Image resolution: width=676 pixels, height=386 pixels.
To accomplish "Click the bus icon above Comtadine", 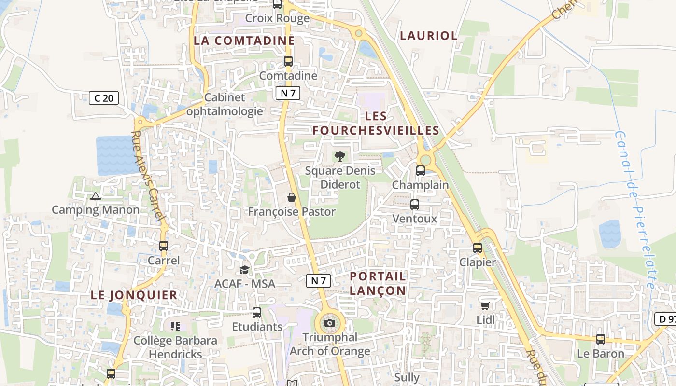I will point(288,61).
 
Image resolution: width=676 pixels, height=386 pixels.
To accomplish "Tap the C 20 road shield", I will point(104,98).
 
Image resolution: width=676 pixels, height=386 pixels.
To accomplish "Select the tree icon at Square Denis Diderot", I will point(340,156).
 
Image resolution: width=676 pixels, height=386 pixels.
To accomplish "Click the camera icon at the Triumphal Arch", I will point(330,323).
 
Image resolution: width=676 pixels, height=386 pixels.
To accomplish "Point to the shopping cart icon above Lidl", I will point(485,306).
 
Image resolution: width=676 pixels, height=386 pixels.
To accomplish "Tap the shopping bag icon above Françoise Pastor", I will point(292,197).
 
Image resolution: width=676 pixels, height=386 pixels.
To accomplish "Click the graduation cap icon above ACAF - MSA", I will point(245,270).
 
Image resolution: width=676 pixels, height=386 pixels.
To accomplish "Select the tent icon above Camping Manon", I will point(96,196).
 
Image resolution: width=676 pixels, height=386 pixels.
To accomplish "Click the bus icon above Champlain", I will point(421,170).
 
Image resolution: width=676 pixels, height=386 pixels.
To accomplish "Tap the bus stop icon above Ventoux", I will point(415,204).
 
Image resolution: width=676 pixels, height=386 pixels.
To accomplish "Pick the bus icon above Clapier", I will point(478,248).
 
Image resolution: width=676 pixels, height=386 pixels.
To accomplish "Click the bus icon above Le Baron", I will point(601,339).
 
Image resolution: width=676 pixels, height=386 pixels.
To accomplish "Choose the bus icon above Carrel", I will point(164,246).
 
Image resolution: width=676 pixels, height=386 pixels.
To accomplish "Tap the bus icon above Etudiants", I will point(257,312).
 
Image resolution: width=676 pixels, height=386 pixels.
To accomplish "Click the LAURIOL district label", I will point(428,36).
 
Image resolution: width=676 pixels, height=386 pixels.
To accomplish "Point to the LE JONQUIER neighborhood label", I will point(134,295).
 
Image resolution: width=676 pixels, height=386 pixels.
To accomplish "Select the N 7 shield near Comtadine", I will point(288,93).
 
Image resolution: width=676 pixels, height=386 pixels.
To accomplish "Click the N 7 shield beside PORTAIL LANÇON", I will point(319,280).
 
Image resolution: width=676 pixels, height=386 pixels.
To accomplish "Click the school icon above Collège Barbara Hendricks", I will point(175,326).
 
